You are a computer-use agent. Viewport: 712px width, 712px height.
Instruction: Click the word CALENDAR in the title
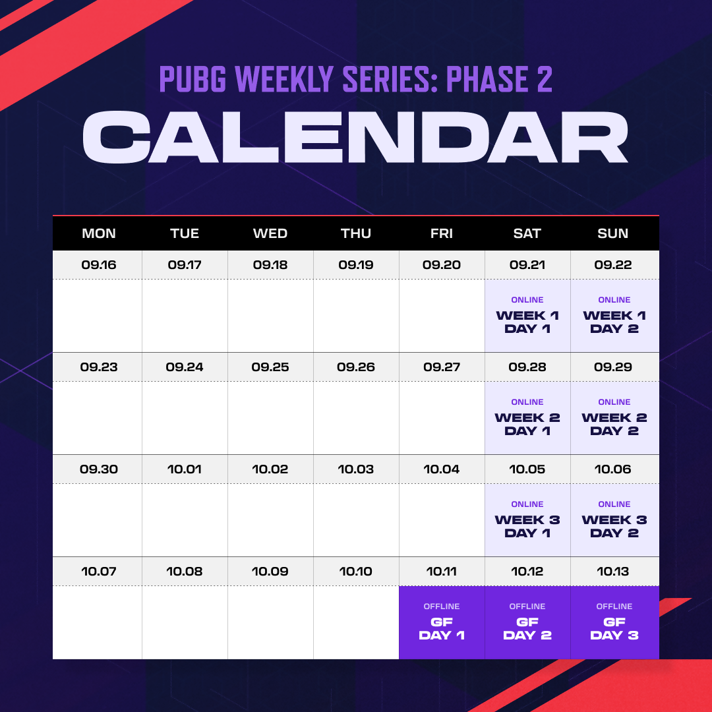coord(355,137)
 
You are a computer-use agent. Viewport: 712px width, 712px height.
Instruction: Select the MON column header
coord(98,233)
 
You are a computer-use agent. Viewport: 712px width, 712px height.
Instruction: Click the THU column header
coord(355,233)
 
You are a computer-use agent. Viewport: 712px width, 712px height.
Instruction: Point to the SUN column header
coord(612,233)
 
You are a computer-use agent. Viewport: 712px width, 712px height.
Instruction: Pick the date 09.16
coord(98,265)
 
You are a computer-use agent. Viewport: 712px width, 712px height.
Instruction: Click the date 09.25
coord(270,367)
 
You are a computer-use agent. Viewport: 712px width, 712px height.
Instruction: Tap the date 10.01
coord(185,469)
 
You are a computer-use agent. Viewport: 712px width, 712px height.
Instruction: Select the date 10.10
coord(355,571)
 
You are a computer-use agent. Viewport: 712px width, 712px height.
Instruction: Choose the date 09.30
coord(98,469)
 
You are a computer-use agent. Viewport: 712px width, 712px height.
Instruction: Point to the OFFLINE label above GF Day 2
coord(527,607)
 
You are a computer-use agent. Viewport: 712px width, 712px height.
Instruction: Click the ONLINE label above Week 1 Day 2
coord(614,300)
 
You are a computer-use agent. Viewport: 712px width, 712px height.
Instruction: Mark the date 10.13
coord(612,571)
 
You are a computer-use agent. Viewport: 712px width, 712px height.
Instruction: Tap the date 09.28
coord(527,367)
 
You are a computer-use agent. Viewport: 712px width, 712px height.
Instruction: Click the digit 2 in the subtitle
coord(545,79)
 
